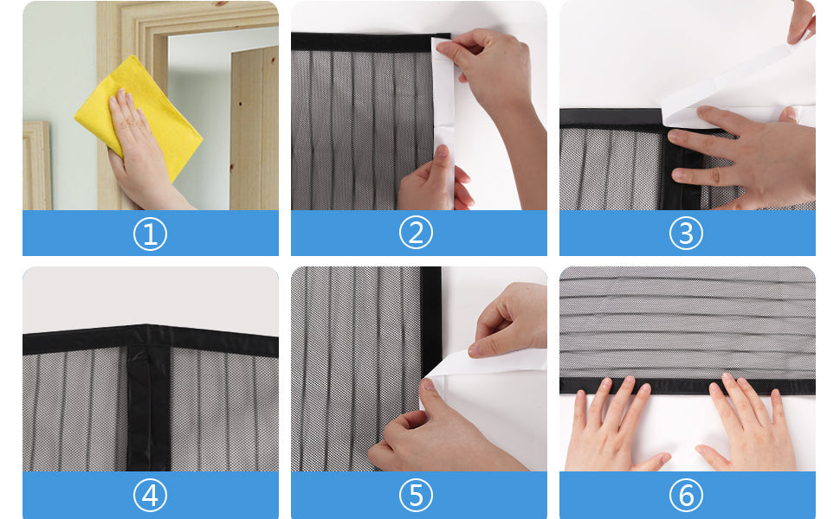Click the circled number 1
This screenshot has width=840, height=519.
150,234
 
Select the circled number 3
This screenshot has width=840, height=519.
687,234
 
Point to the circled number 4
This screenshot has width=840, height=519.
150,496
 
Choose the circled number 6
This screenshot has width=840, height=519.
687,496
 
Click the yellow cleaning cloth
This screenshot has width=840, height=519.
139,112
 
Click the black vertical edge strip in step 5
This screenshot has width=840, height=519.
430,320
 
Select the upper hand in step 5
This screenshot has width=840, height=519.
511,320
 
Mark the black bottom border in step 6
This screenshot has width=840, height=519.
687,386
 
